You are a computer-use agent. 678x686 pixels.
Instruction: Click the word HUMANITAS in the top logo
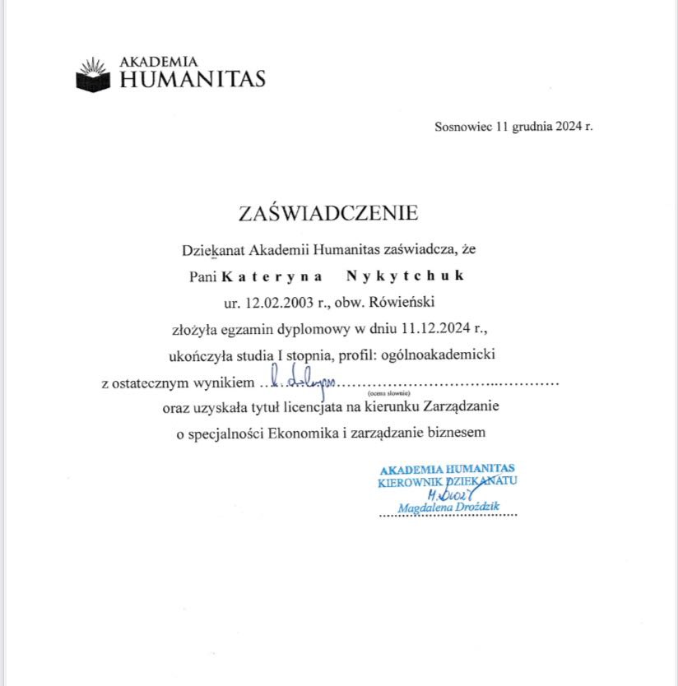[193, 80]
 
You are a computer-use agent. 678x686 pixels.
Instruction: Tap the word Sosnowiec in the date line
[462, 127]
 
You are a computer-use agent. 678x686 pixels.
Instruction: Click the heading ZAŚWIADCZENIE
[328, 214]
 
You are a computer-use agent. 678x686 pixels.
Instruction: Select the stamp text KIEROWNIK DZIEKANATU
[448, 481]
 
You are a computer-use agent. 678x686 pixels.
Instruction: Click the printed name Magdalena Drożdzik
[448, 508]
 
